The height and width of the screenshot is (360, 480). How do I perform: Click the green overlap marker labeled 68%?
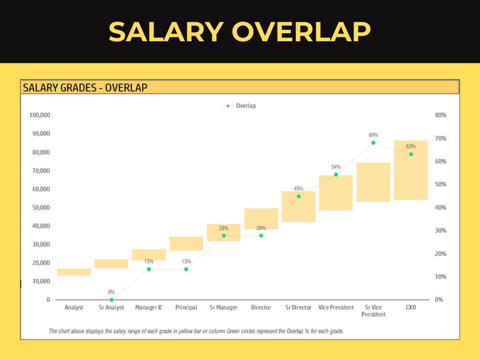[x=373, y=143]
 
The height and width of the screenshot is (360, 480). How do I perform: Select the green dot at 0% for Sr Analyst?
[x=111, y=300]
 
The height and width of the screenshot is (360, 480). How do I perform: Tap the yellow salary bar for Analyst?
[x=74, y=272]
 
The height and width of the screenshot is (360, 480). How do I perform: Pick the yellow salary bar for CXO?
[x=410, y=170]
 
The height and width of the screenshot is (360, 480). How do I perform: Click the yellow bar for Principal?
[x=186, y=243]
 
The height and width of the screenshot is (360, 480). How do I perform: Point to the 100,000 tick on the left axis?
[x=39, y=115]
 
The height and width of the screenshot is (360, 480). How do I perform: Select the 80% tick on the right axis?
[x=440, y=115]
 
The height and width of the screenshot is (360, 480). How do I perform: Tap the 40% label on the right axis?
[x=440, y=207]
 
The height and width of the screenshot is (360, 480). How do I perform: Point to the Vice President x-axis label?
[x=336, y=307]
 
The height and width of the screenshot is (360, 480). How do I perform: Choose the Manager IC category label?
[x=149, y=307]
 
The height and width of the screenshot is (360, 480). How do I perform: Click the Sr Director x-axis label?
[x=299, y=307]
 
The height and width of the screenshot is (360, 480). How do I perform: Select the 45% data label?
[x=299, y=188]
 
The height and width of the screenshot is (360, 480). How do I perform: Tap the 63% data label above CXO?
[x=410, y=146]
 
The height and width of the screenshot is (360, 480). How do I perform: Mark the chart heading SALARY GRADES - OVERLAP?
[x=85, y=88]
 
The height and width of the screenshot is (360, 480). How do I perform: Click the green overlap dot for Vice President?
[x=336, y=175]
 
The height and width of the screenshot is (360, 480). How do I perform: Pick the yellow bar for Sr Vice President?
[x=373, y=182]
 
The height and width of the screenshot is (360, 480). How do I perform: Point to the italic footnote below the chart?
[x=196, y=331]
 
